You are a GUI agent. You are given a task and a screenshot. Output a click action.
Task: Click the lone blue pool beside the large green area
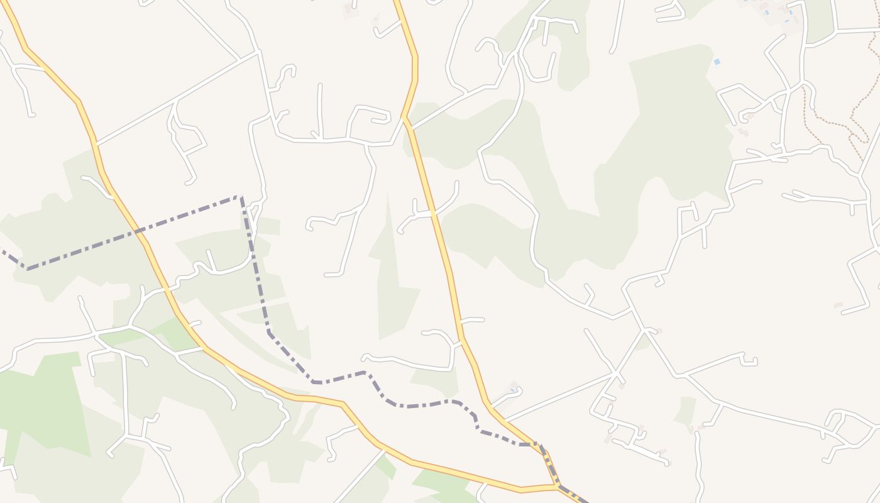click(717, 62)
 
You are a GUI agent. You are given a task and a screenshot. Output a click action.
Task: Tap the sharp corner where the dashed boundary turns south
click(241, 197)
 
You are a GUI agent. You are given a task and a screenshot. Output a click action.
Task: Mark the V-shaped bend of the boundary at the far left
click(26, 268)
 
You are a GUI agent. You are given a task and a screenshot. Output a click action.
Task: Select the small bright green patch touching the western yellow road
click(179, 333)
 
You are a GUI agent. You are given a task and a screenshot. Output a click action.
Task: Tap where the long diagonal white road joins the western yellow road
click(97, 144)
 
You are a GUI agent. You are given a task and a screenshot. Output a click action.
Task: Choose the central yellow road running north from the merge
click(440, 239)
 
